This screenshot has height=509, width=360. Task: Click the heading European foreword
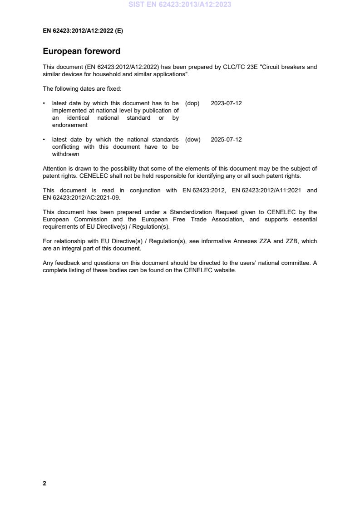(81, 51)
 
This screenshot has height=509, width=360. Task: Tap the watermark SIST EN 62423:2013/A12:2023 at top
(180, 5)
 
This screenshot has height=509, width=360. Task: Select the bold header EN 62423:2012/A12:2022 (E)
(83, 31)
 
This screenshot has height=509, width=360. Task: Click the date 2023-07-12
(226, 103)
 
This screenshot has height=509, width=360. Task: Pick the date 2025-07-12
(226, 140)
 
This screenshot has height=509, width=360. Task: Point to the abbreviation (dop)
(192, 103)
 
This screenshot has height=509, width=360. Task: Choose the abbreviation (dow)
(192, 140)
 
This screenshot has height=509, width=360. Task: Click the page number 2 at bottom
(44, 483)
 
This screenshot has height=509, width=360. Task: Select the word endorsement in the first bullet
(69, 125)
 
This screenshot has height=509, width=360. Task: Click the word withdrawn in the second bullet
(65, 154)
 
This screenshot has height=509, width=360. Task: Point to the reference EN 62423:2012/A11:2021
(266, 191)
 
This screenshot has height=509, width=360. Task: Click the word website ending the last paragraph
(225, 270)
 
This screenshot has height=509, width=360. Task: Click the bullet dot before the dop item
(44, 103)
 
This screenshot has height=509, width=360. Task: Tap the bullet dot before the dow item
(44, 140)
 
